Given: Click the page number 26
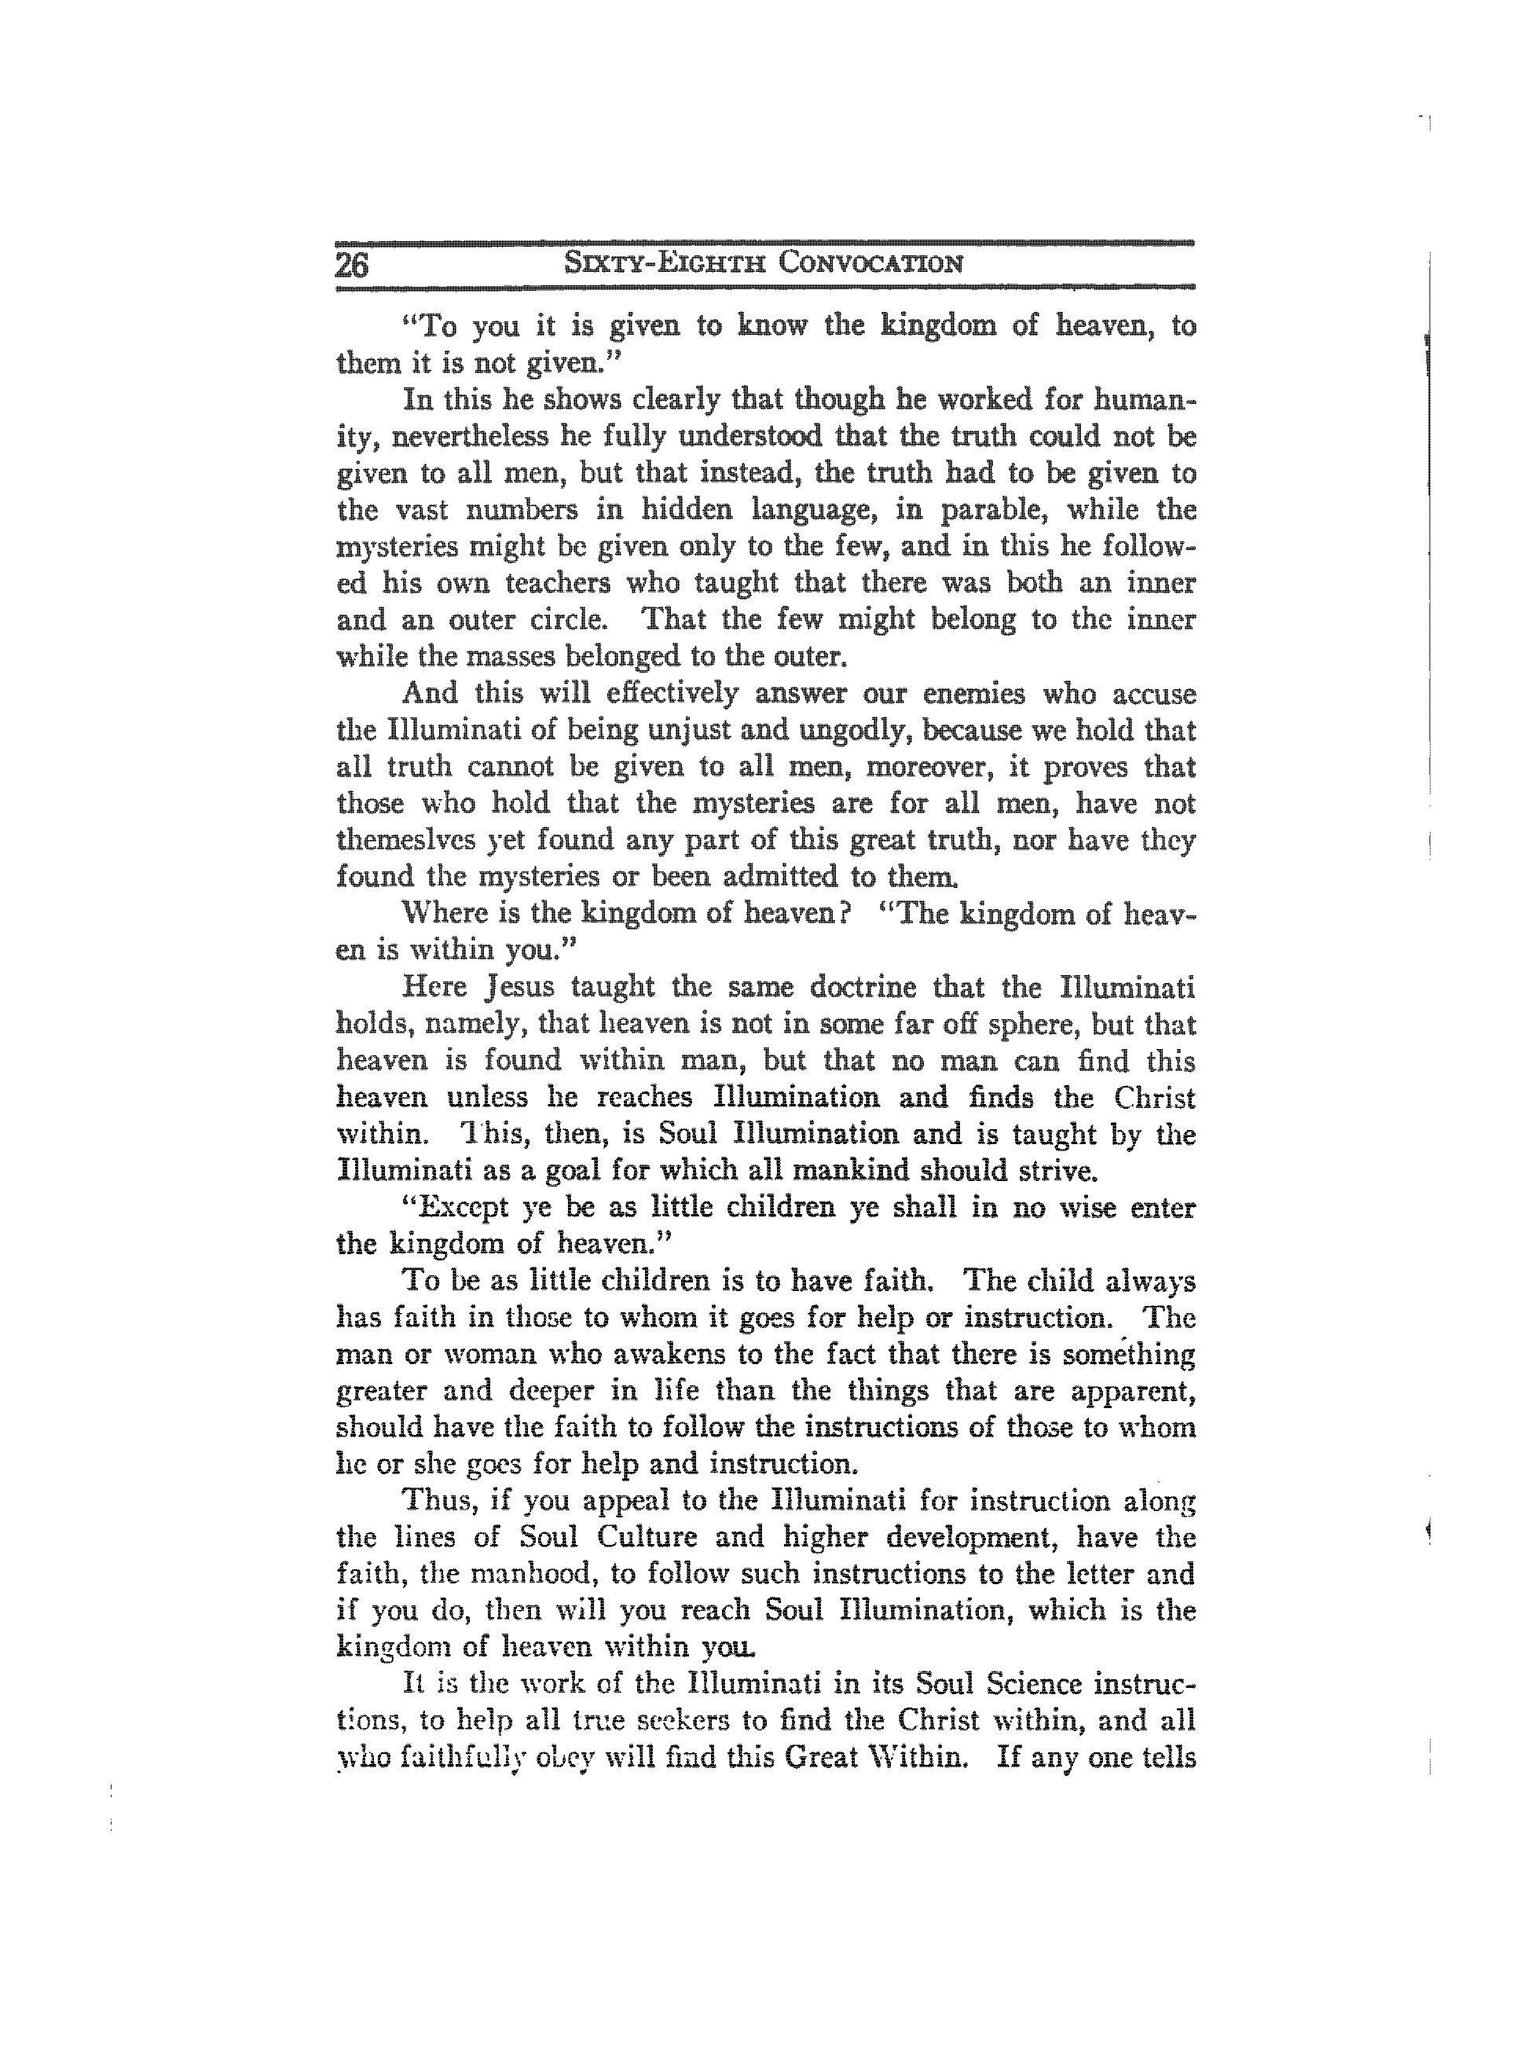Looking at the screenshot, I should (352, 266).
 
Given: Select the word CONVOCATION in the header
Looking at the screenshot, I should (870, 264).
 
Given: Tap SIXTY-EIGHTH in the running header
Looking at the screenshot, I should (665, 264).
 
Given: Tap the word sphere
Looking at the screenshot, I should (1025, 1025).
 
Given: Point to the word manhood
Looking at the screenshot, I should (566, 1574).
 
